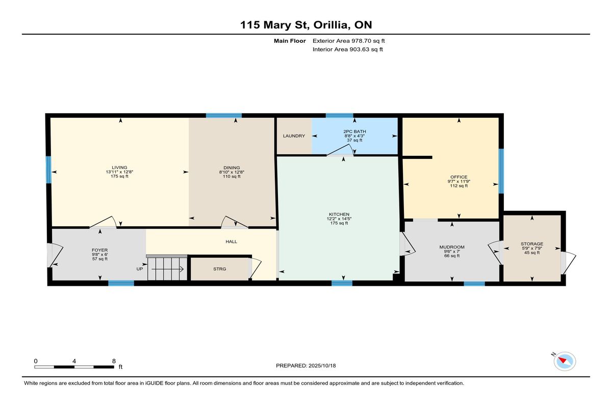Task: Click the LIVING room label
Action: [119, 168]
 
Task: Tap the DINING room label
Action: [232, 168]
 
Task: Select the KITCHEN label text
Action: [339, 214]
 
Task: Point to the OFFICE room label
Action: [459, 177]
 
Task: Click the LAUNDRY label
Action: [294, 136]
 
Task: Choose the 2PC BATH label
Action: [354, 131]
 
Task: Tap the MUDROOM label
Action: [452, 247]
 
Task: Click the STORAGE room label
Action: [532, 244]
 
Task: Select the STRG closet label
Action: [220, 269]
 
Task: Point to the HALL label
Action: [232, 242]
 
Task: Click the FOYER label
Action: [100, 250]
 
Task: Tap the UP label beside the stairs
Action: [140, 269]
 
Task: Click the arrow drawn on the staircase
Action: [167, 269]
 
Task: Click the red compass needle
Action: [562, 360]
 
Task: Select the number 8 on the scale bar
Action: [114, 361]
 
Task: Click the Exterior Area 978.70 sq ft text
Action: [349, 41]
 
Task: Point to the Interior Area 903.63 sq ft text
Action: [347, 49]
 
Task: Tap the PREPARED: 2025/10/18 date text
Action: [305, 366]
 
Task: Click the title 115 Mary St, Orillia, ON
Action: [306, 25]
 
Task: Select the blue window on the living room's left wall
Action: [48, 170]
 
